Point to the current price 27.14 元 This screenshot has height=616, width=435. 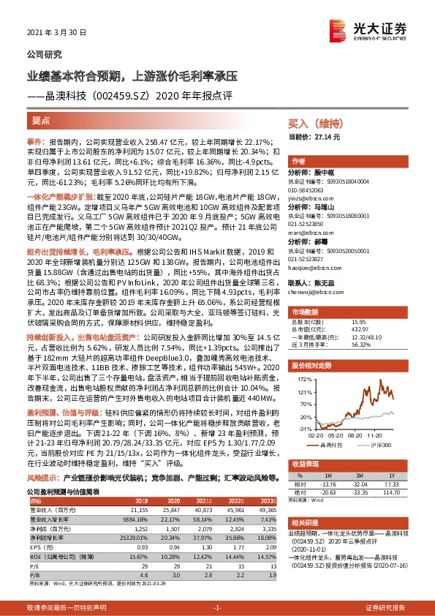tap(325, 137)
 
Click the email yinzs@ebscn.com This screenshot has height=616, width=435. tap(310, 198)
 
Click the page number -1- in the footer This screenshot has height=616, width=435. tap(216, 608)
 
